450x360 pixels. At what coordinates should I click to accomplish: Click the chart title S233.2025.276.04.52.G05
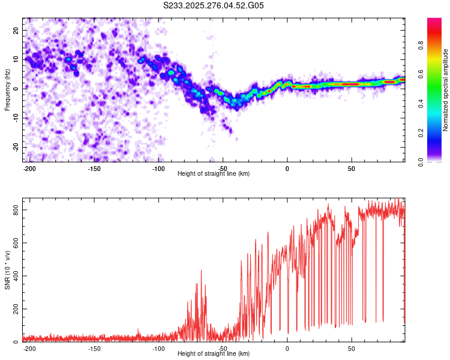pos(214,5)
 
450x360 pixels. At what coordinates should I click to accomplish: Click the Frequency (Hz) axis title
pos(7,89)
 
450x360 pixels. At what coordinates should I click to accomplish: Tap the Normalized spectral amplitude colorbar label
pos(446,91)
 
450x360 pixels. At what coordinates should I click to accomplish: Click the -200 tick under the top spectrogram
pos(29,168)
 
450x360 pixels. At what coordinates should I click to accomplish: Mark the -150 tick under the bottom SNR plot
pos(94,349)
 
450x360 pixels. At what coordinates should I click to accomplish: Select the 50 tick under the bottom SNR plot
pos(351,349)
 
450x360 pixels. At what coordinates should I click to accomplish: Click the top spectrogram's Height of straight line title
pos(214,174)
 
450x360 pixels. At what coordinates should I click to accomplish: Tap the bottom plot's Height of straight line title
pos(214,354)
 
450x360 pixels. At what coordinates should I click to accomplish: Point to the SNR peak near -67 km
pos(201,271)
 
